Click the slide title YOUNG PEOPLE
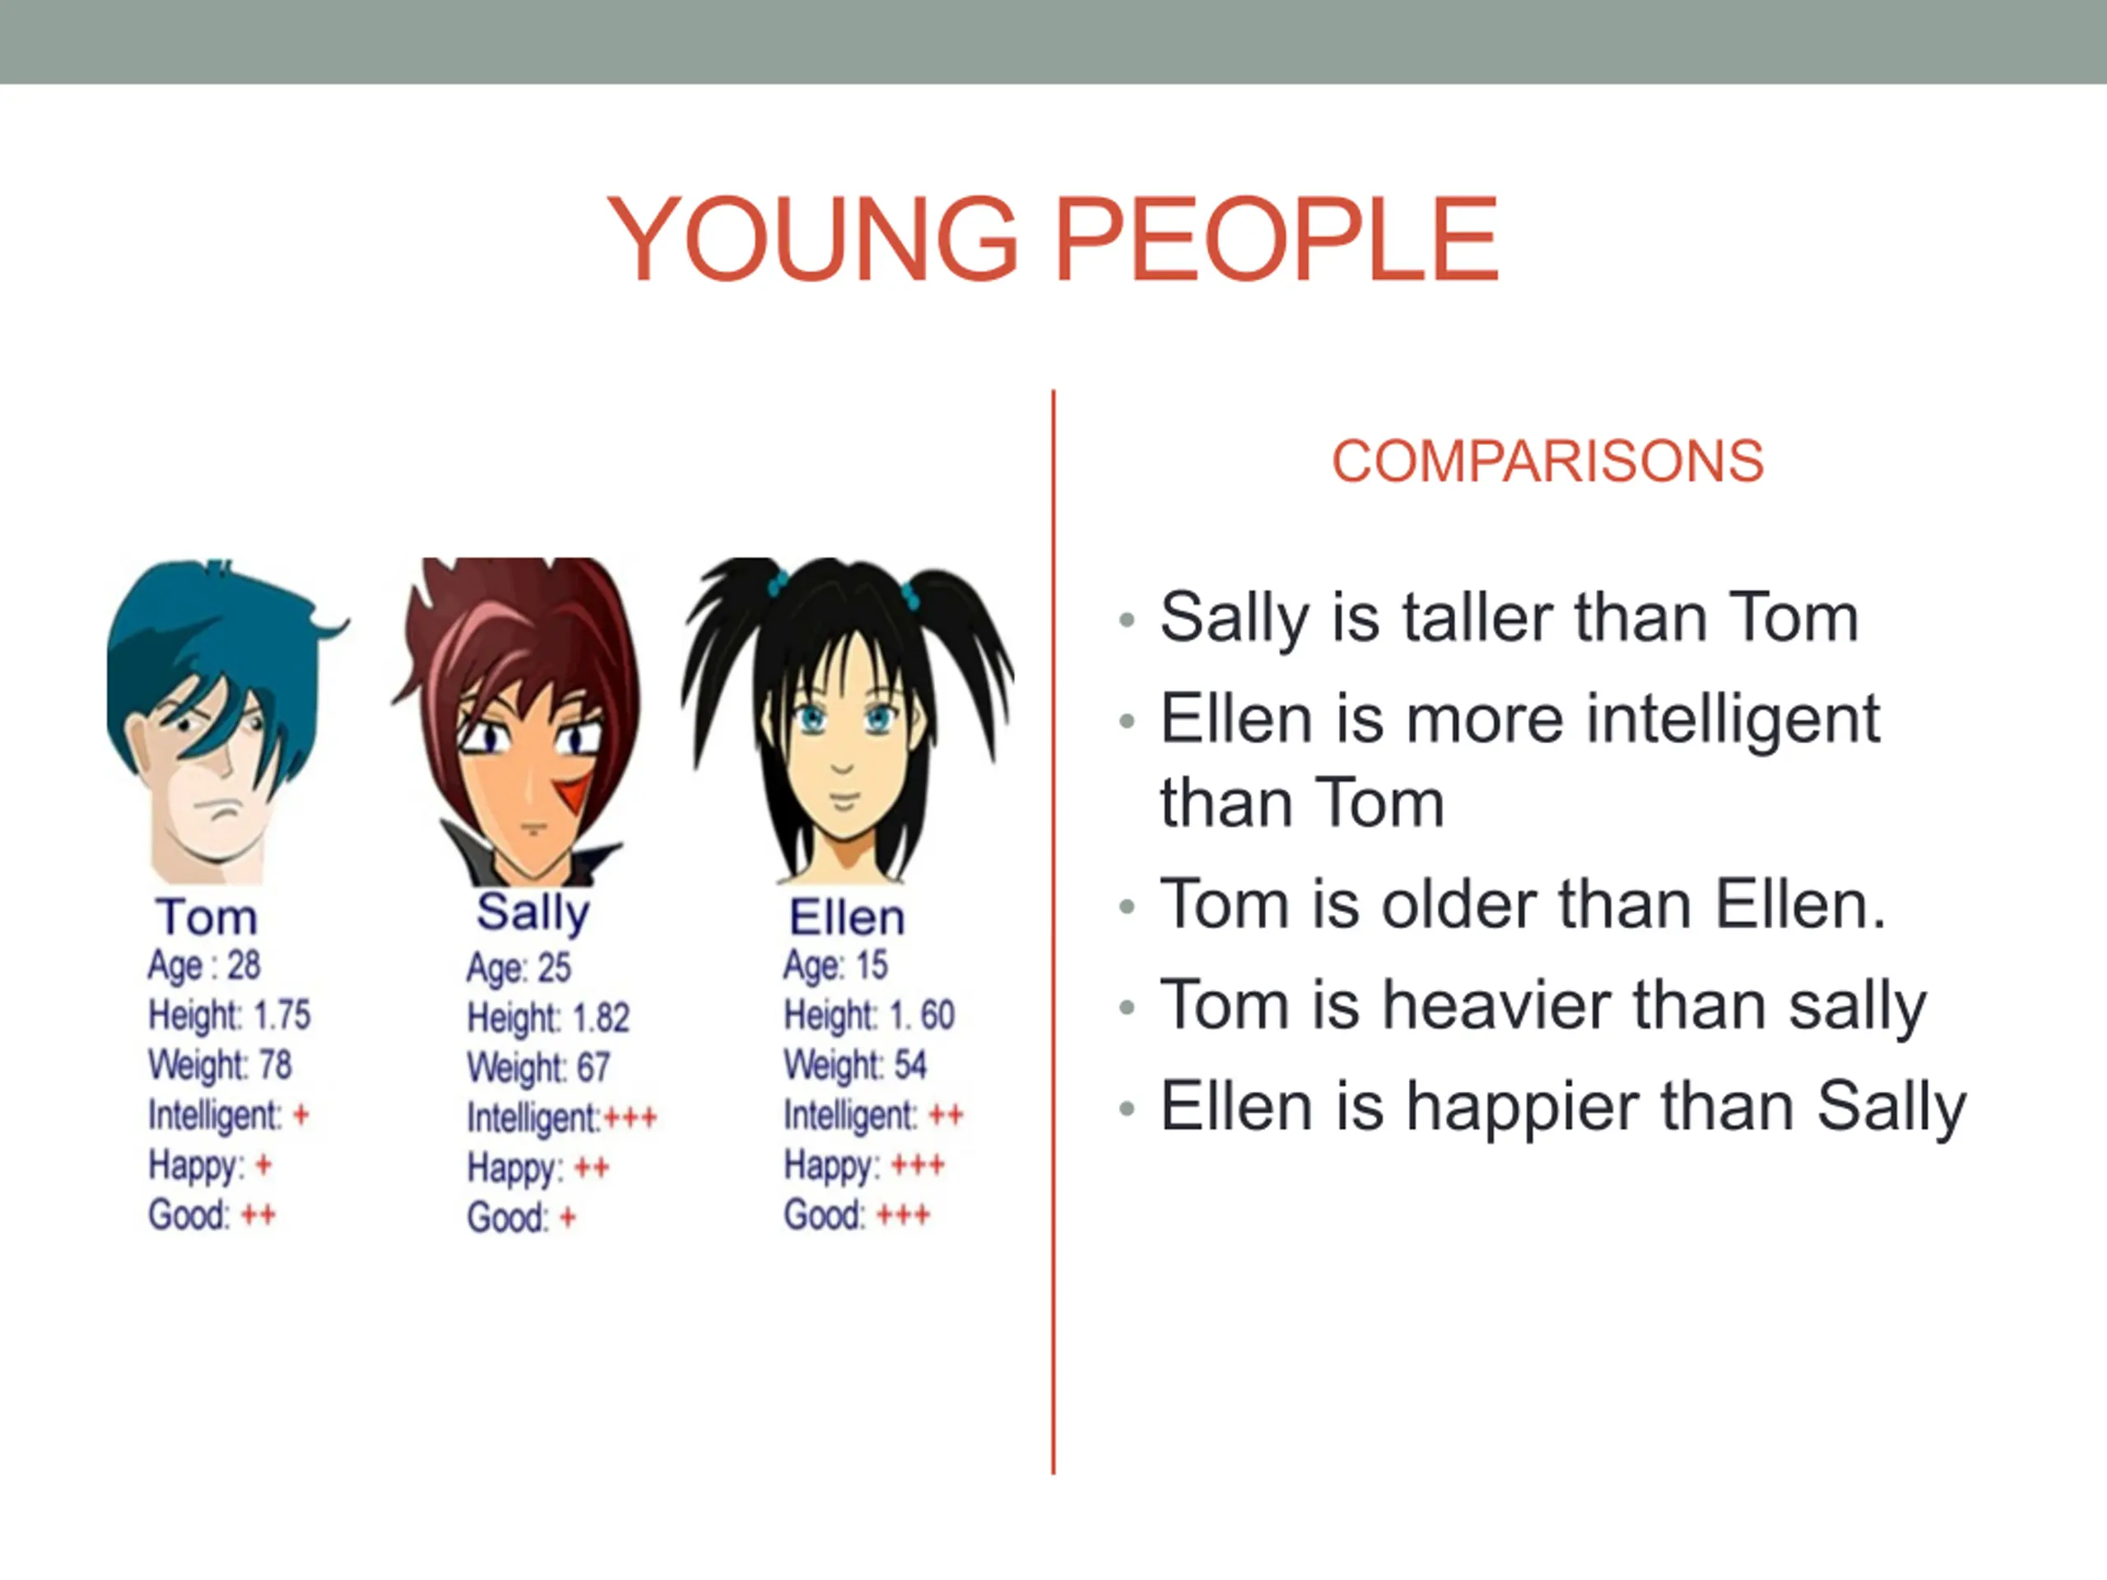pyautogui.click(x=1053, y=238)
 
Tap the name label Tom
pyautogui.click(x=207, y=918)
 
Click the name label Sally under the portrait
pyautogui.click(x=533, y=913)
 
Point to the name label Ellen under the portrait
pyautogui.click(x=847, y=918)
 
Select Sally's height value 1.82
pyautogui.click(x=600, y=1018)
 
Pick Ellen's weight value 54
pyautogui.click(x=909, y=1065)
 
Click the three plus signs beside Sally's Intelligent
pyautogui.click(x=630, y=1118)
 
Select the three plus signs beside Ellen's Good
pyautogui.click(x=903, y=1215)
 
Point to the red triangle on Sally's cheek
pyautogui.click(x=574, y=792)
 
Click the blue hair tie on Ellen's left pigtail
pyautogui.click(x=779, y=582)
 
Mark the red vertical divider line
pyautogui.click(x=1053, y=932)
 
